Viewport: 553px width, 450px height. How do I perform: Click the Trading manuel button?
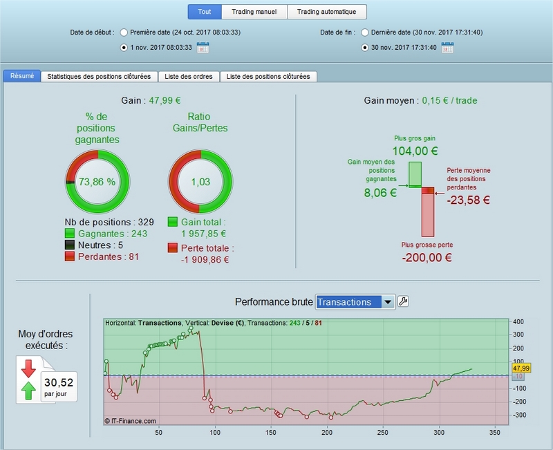tap(254, 12)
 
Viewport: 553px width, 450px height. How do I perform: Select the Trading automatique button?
tap(326, 12)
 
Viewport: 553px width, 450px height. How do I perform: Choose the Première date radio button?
tap(124, 32)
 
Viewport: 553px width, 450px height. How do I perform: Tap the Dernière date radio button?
tap(365, 32)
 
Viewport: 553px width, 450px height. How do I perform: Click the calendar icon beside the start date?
tap(203, 47)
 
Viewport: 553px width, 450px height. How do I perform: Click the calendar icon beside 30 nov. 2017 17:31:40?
tap(447, 47)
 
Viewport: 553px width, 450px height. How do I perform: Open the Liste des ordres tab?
tap(189, 77)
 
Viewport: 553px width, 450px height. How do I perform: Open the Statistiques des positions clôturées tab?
tap(99, 77)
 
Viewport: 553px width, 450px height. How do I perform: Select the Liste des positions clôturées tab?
tap(268, 77)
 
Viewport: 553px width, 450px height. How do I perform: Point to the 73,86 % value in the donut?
tap(97, 182)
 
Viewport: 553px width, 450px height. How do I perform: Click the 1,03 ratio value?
tap(200, 182)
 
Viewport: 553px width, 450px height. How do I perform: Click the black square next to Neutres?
tap(70, 245)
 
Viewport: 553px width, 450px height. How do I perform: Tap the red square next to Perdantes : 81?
tap(70, 256)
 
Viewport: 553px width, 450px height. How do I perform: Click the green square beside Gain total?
tap(172, 222)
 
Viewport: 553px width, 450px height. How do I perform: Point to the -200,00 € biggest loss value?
tap(427, 257)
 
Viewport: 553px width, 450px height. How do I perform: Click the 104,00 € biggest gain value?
tap(415, 151)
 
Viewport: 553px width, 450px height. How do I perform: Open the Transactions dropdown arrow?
tap(388, 302)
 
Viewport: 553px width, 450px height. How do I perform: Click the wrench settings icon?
tap(403, 301)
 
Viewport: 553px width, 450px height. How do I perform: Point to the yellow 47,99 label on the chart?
tap(521, 368)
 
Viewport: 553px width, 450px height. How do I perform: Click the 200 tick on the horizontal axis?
tap(326, 432)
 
